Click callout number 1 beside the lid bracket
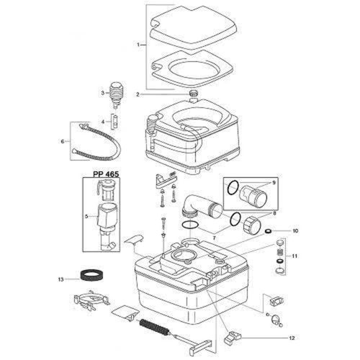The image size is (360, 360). [138, 45]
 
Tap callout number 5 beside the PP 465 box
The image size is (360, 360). [86, 215]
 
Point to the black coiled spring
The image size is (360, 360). [152, 325]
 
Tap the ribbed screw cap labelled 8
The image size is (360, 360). [252, 223]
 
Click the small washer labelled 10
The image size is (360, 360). [267, 232]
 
